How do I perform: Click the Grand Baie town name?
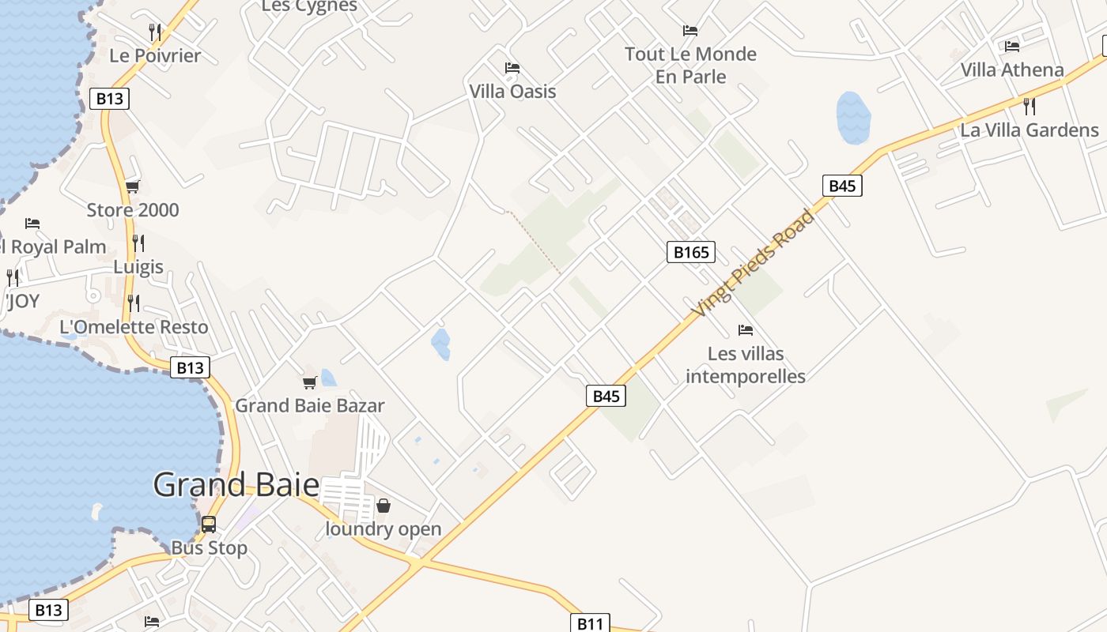[236, 485]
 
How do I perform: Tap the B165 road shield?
[691, 252]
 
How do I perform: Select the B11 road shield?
[590, 623]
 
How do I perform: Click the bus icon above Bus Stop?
[209, 524]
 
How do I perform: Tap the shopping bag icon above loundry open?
[383, 506]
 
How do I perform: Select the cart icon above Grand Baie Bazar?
[310, 382]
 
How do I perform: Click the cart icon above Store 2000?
[133, 187]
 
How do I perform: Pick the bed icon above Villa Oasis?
[512, 68]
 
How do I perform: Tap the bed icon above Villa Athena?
[1012, 46]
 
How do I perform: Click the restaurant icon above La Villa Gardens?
[1030, 106]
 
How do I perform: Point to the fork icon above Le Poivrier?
[155, 32]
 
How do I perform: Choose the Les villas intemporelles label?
[745, 365]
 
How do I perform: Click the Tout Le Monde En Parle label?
[690, 65]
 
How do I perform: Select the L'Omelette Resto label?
[134, 327]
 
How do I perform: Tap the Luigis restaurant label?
[138, 266]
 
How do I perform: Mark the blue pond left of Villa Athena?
[853, 118]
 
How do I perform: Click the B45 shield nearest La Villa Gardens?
[842, 186]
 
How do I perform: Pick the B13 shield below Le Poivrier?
[109, 99]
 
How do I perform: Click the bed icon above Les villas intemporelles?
[745, 330]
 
